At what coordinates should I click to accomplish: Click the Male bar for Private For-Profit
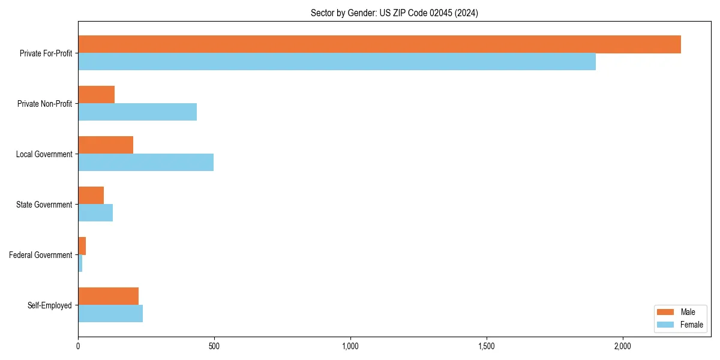coord(379,44)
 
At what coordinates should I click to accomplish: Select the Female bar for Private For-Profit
coord(337,62)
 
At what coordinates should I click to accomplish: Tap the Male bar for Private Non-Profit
coord(96,95)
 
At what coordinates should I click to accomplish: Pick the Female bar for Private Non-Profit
coord(137,112)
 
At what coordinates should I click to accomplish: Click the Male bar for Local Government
coord(106,145)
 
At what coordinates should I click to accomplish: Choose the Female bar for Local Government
coord(146,163)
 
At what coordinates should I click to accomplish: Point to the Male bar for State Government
coord(91,196)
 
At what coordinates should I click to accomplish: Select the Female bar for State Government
coord(95,213)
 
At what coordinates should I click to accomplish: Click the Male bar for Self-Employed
coord(108,296)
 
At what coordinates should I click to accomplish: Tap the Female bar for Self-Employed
coord(110,314)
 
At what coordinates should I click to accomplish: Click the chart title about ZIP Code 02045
coord(394,13)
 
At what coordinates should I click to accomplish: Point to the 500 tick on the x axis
coord(214,346)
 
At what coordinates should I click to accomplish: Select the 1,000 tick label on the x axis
coord(350,346)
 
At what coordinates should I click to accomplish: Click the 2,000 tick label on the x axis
coord(623,346)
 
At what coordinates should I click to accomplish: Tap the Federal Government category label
coord(41,255)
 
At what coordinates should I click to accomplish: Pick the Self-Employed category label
coord(50,305)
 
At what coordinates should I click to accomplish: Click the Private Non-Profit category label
coord(44,104)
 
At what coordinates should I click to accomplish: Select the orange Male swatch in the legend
coord(666,312)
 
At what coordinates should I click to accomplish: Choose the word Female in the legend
coord(692,325)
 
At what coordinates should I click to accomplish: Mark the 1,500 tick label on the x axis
coord(487,346)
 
